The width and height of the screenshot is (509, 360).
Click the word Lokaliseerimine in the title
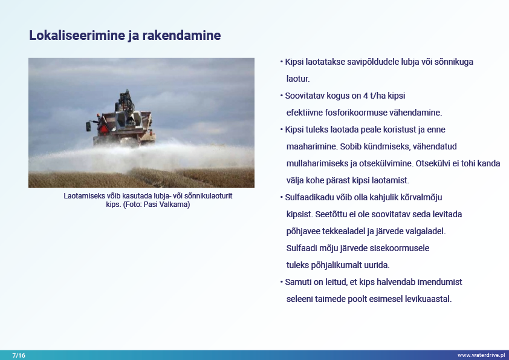point(77,35)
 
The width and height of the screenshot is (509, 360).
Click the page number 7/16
point(19,355)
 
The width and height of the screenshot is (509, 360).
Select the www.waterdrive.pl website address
point(481,355)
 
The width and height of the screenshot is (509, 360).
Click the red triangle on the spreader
point(103,129)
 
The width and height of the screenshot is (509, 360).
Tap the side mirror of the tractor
point(88,126)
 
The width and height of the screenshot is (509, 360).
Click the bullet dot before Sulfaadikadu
point(282,197)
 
